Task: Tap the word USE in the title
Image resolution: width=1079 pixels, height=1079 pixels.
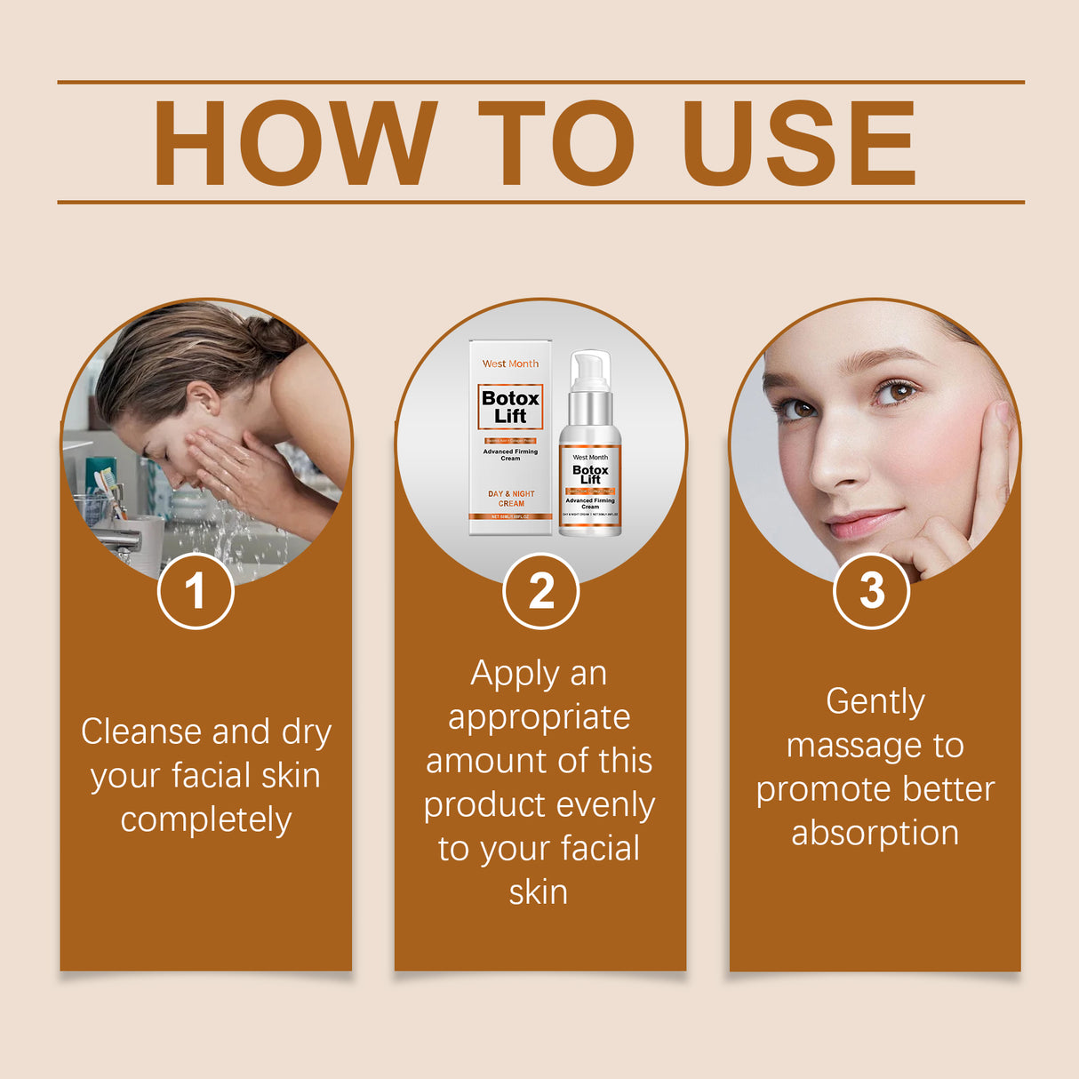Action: (x=798, y=143)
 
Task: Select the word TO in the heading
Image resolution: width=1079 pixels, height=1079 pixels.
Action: (x=556, y=143)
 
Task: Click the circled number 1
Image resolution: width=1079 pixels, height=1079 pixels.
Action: (x=196, y=591)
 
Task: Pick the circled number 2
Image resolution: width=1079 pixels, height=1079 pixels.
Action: (x=540, y=591)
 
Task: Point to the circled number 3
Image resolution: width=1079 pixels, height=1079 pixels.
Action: (x=871, y=591)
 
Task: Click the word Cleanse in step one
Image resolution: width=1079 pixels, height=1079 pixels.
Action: (x=141, y=731)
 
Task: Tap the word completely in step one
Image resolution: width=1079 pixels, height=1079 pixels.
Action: (x=205, y=819)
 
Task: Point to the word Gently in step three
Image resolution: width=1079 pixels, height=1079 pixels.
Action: (x=875, y=702)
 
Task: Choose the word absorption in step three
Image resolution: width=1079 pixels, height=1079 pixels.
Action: (x=875, y=834)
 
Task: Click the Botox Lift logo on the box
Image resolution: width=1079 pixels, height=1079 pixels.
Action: (x=510, y=407)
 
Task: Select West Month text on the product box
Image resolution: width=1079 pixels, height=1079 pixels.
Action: (x=510, y=364)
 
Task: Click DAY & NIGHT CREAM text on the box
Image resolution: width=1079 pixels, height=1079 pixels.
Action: (x=510, y=499)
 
